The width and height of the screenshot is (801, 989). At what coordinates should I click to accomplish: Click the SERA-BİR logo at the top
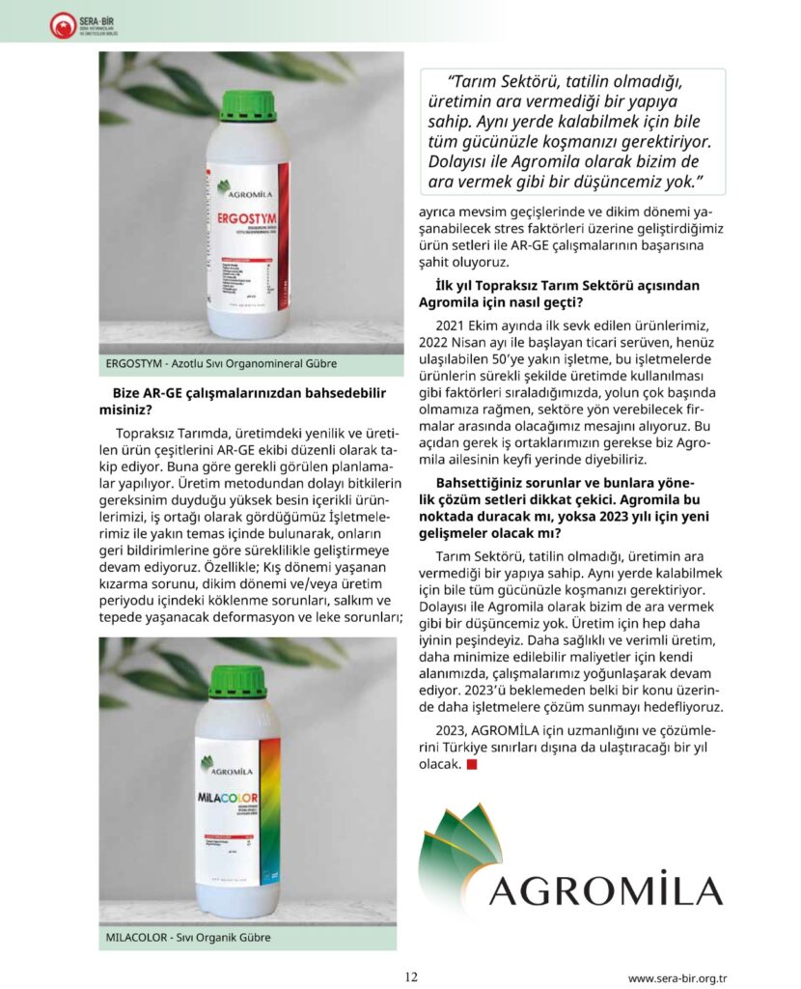click(x=78, y=25)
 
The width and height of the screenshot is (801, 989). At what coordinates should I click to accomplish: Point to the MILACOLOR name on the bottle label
click(x=236, y=799)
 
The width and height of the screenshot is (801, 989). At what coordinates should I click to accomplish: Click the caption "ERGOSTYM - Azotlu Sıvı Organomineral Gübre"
click(x=221, y=364)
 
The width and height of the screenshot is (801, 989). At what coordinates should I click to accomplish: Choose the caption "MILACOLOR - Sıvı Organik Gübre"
click(x=188, y=937)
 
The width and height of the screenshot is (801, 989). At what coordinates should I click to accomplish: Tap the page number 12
click(x=411, y=976)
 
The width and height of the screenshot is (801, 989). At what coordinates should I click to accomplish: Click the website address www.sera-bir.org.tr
click(x=677, y=977)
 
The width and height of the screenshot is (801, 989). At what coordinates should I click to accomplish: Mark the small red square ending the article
click(x=472, y=764)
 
